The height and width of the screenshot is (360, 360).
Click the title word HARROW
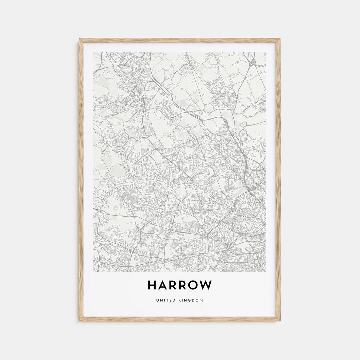[180, 285]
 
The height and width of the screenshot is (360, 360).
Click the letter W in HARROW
[206, 285]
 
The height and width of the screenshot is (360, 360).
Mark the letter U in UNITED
[157, 300]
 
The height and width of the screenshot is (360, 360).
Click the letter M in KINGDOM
[201, 300]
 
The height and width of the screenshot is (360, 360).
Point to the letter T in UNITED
[165, 300]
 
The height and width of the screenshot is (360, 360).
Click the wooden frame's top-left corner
[80, 39]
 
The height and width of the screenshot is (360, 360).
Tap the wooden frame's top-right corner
[280, 39]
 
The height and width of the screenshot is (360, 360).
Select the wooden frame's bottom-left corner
[80, 321]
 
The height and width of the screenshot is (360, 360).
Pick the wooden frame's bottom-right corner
[280, 321]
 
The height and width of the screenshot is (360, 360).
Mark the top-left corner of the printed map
[94, 52]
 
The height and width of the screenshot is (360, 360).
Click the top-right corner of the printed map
[266, 52]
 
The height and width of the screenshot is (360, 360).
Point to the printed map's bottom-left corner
[94, 272]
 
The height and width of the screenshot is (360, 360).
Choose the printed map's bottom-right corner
[266, 272]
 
